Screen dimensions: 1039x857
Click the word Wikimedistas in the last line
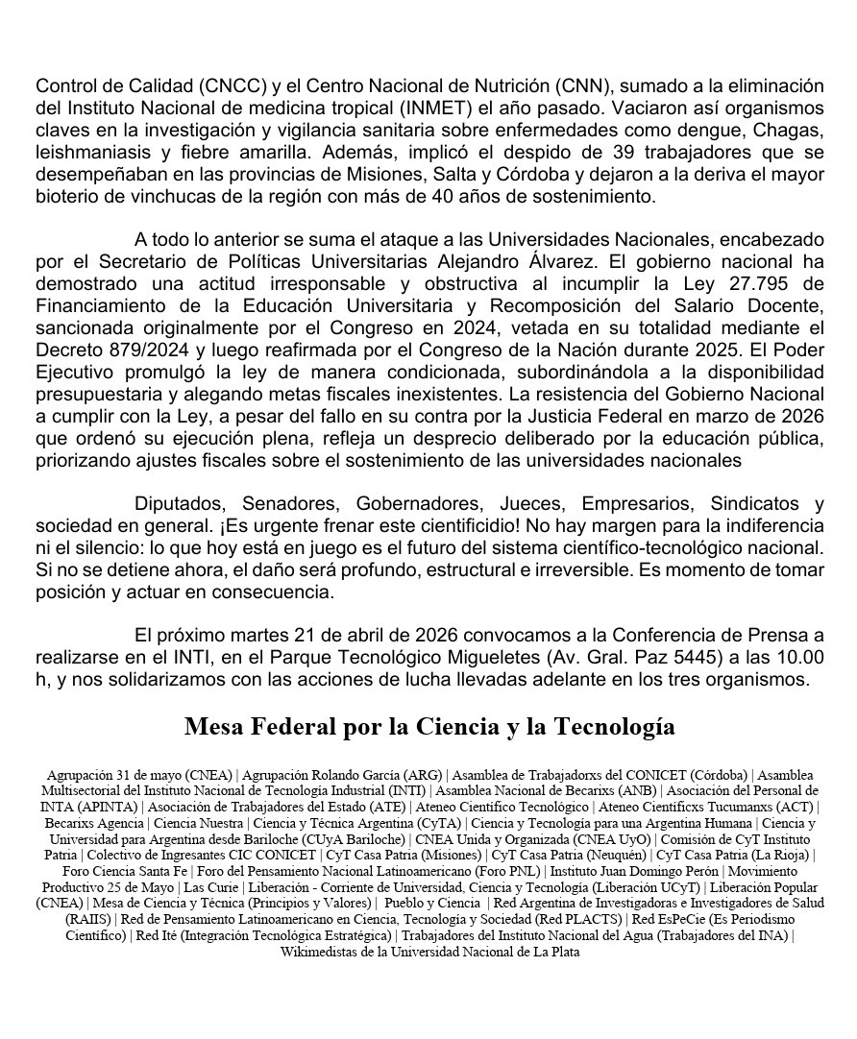[x=319, y=953]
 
